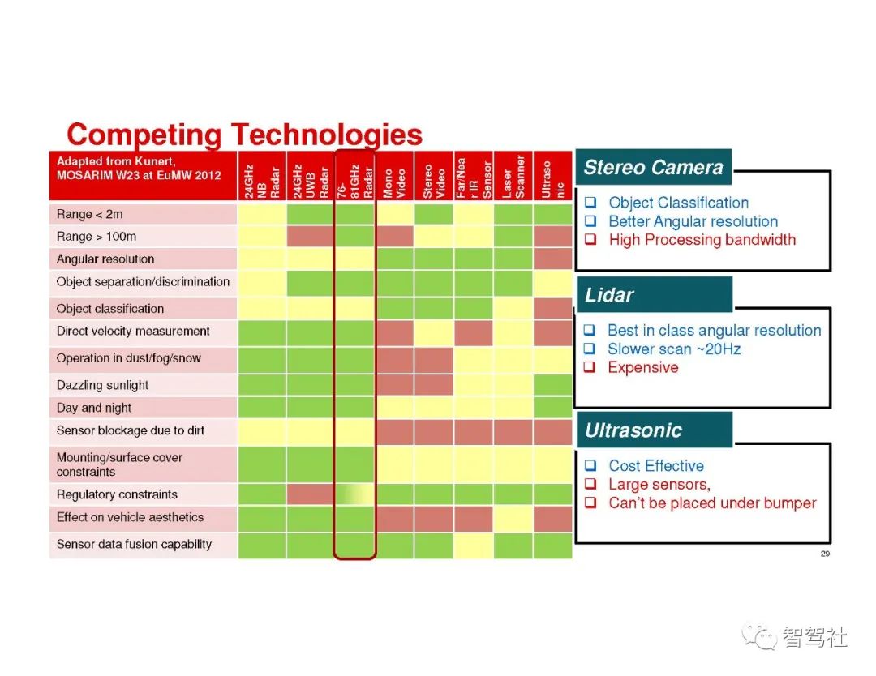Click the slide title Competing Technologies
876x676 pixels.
click(x=244, y=135)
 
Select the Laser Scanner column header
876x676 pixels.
click(x=513, y=175)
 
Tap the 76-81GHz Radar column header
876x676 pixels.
click(x=354, y=175)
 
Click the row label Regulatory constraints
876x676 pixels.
click(x=117, y=494)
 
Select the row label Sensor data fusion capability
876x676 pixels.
click(x=134, y=544)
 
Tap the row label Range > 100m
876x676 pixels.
click(x=96, y=237)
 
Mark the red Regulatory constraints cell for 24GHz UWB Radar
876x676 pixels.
click(x=311, y=494)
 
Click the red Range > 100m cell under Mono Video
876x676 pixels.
click(x=394, y=236)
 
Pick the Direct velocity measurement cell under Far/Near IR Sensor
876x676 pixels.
click(x=473, y=332)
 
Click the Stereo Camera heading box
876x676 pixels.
click(x=653, y=167)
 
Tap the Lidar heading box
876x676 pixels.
click(x=654, y=294)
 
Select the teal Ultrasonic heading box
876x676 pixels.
click(x=654, y=430)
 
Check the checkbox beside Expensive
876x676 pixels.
click(x=590, y=366)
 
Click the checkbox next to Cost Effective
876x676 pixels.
click(x=590, y=465)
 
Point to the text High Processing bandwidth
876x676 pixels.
click(x=702, y=240)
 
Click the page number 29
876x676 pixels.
click(x=825, y=554)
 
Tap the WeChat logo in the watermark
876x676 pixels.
click(x=759, y=637)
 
